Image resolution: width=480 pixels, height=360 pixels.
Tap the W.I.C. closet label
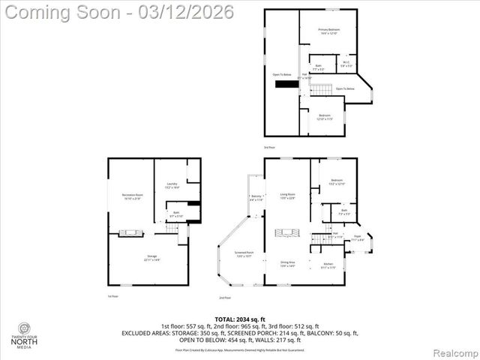pyautogui.click(x=346, y=64)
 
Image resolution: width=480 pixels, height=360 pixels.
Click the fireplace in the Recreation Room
pyautogui.click(x=132, y=233)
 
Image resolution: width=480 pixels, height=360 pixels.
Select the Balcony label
pyautogui.click(x=256, y=198)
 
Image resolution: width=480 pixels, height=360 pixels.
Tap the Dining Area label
pyautogui.click(x=288, y=265)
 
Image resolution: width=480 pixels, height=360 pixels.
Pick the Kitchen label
pyautogui.click(x=328, y=265)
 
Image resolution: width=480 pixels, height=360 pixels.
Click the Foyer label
pyautogui.click(x=358, y=238)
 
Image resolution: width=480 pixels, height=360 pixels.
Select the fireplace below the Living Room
pyautogui.click(x=288, y=234)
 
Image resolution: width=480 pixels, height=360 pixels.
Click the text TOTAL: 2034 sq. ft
pyautogui.click(x=240, y=319)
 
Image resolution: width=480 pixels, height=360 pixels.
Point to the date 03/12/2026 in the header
pyautogui.click(x=184, y=12)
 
